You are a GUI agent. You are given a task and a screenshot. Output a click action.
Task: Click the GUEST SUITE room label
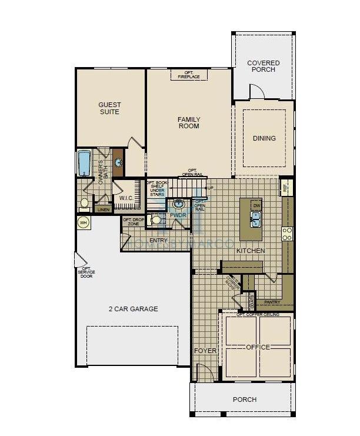[x=109, y=108]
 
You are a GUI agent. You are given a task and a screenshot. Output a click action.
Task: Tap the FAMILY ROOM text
[x=189, y=122]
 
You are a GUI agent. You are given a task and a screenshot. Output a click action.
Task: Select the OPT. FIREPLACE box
[x=189, y=75]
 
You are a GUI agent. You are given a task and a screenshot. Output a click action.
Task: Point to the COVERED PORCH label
[x=263, y=66]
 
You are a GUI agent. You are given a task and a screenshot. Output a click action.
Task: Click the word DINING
[x=264, y=138]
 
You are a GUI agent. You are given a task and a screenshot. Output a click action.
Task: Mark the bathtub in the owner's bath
[x=84, y=163]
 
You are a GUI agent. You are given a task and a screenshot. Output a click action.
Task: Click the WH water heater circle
[x=83, y=223]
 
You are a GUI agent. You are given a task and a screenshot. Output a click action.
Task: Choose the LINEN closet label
[x=104, y=209]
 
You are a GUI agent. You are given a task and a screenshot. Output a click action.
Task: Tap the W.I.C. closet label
[x=126, y=198]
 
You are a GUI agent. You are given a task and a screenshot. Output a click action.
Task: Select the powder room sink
[x=179, y=204]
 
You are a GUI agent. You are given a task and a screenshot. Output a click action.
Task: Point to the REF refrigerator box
[x=285, y=187]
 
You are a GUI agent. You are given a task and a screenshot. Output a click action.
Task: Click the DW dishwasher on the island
[x=256, y=205]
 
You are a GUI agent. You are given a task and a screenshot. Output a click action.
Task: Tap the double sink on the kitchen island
[x=256, y=219]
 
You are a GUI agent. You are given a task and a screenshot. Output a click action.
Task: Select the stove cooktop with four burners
[x=288, y=234]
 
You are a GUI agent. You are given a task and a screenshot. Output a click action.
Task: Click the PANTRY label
[x=272, y=302]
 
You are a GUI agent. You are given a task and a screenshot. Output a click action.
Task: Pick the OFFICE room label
[x=257, y=347]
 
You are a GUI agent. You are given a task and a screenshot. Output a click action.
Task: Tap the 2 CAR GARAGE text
[x=133, y=309]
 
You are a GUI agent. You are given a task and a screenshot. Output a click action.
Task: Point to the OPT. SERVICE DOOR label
[x=86, y=272]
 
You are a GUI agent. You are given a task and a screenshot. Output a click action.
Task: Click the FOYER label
[x=205, y=351]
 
